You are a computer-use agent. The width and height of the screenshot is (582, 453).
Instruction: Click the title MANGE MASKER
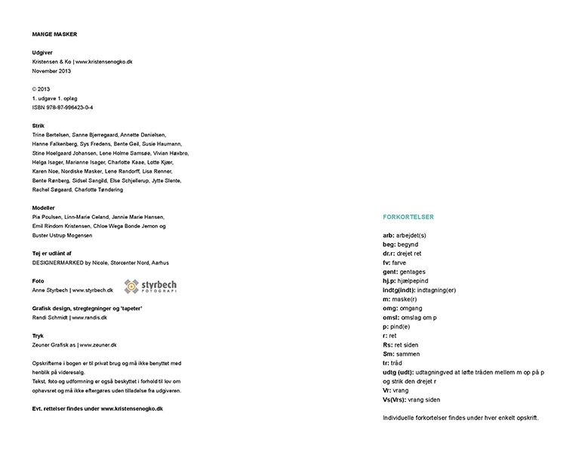click(54, 34)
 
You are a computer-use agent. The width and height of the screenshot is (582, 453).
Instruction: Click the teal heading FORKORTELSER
click(408, 217)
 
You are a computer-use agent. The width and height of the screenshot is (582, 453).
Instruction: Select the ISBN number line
click(63, 107)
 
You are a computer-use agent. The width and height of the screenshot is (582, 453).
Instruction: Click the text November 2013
click(52, 70)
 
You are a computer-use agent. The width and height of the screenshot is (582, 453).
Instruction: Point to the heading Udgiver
click(42, 52)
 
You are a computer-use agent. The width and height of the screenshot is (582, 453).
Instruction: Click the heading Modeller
click(44, 207)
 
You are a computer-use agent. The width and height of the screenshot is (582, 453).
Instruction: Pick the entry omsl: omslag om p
click(410, 317)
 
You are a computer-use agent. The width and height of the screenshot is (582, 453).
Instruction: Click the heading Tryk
click(38, 335)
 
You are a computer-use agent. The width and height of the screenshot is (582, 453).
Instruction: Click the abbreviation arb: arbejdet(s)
click(405, 235)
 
